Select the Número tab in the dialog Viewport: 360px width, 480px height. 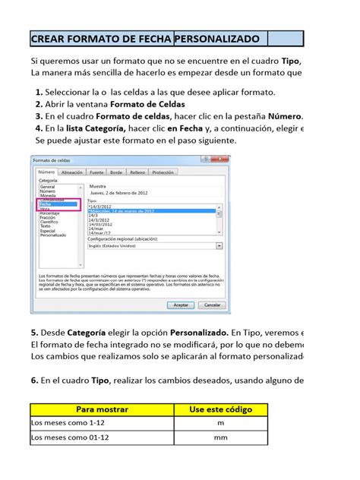tap(47, 173)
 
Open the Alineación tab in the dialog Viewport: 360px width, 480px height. tap(72, 173)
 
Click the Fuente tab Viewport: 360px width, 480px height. tap(97, 173)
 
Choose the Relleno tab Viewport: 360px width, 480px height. tap(137, 173)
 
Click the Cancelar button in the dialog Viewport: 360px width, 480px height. tap(209, 304)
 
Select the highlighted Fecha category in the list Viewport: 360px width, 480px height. tap(47, 204)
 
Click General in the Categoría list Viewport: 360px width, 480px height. tap(48, 186)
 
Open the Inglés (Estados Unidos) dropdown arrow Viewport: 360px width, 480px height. tap(219, 246)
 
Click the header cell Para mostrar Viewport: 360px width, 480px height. tap(102, 409)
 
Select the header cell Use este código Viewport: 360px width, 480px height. tap(220, 409)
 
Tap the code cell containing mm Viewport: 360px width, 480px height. tap(220, 438)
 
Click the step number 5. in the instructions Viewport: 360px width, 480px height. tap(35, 333)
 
